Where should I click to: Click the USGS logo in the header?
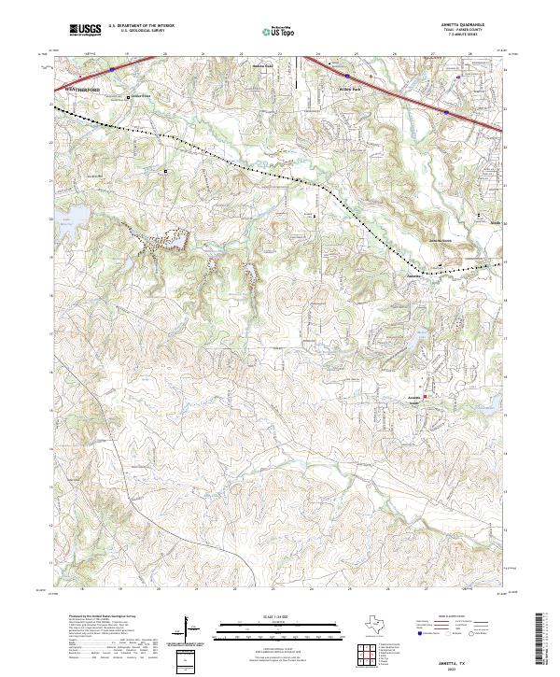click(x=85, y=30)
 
